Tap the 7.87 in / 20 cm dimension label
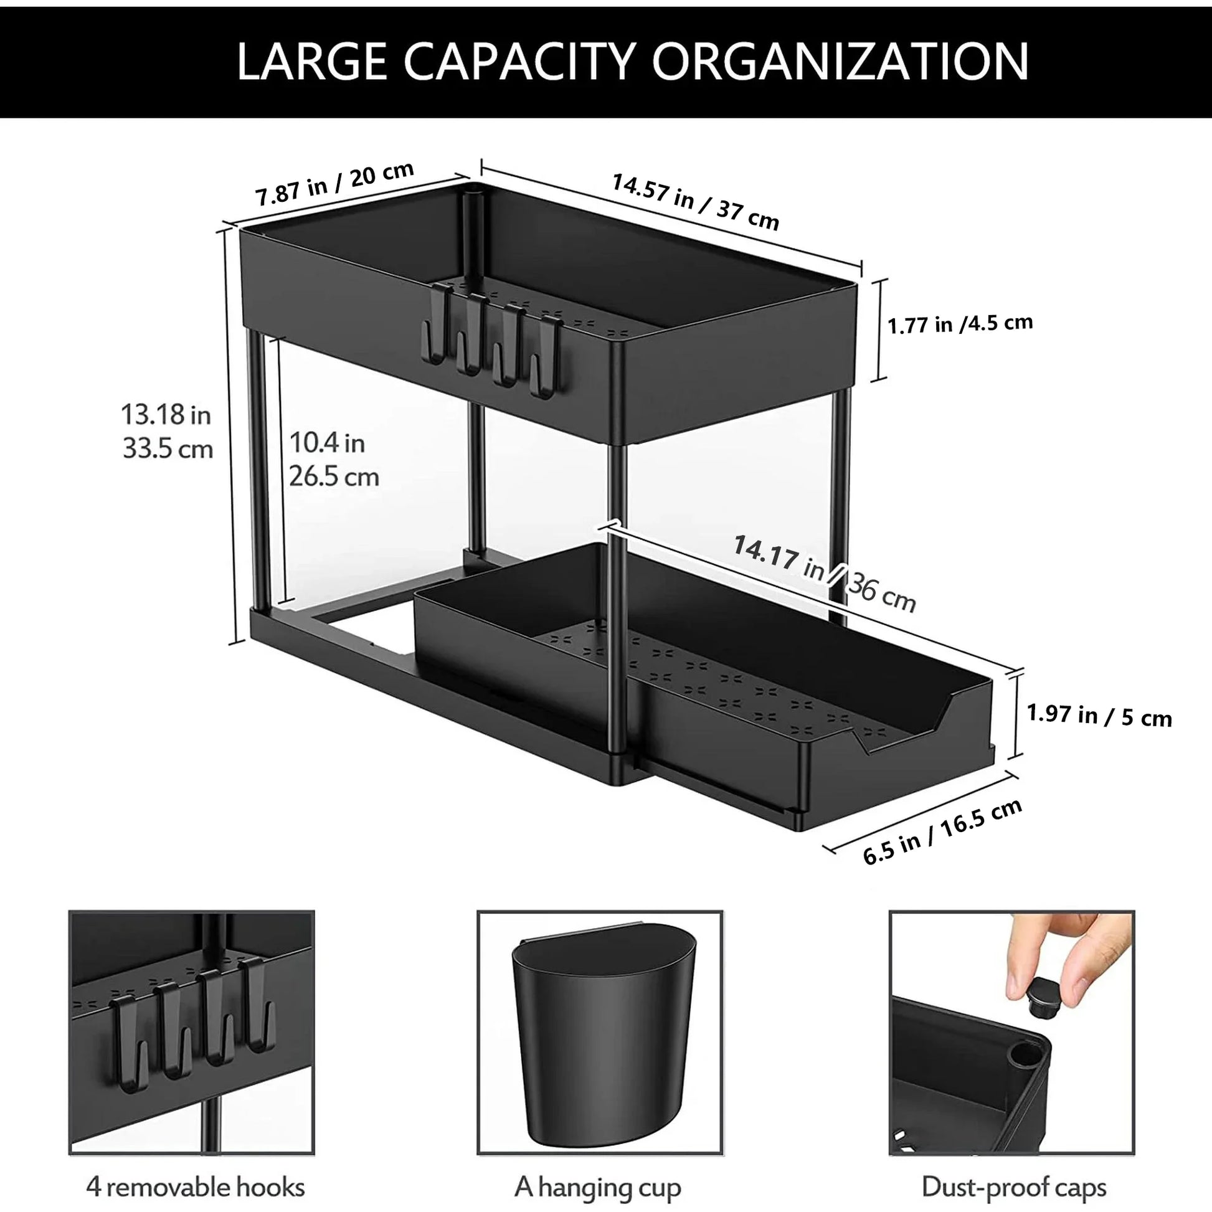(334, 183)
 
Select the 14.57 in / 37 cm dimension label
(695, 201)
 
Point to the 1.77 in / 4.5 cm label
(960, 324)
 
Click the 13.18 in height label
(167, 432)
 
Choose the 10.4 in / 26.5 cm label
(333, 459)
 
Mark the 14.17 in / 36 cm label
(824, 573)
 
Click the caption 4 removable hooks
(195, 1187)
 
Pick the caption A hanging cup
(597, 1187)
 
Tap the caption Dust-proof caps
(1013, 1187)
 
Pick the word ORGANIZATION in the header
(840, 62)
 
